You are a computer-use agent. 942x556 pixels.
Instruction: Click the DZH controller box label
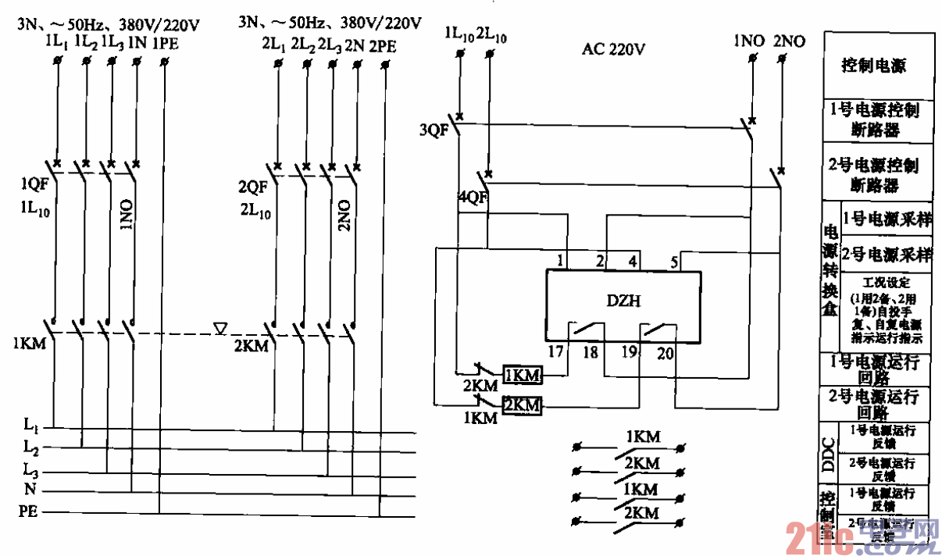point(623,301)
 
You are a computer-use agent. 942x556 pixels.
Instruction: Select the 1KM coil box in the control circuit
point(523,375)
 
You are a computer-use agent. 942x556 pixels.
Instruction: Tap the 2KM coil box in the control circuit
point(523,405)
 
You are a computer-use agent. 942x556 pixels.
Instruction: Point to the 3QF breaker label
point(434,130)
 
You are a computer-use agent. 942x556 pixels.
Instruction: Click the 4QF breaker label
point(473,198)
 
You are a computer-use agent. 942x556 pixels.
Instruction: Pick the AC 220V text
point(613,48)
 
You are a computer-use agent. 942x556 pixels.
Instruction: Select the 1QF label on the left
point(34,186)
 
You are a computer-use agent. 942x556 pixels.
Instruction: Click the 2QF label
point(253,187)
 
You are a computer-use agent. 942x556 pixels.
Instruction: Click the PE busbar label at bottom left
point(28,512)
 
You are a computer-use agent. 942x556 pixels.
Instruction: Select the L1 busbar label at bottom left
point(30,426)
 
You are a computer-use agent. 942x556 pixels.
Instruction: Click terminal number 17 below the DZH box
point(555,352)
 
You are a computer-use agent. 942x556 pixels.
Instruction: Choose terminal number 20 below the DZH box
point(665,353)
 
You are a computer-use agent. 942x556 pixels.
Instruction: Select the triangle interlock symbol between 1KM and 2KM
point(219,329)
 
